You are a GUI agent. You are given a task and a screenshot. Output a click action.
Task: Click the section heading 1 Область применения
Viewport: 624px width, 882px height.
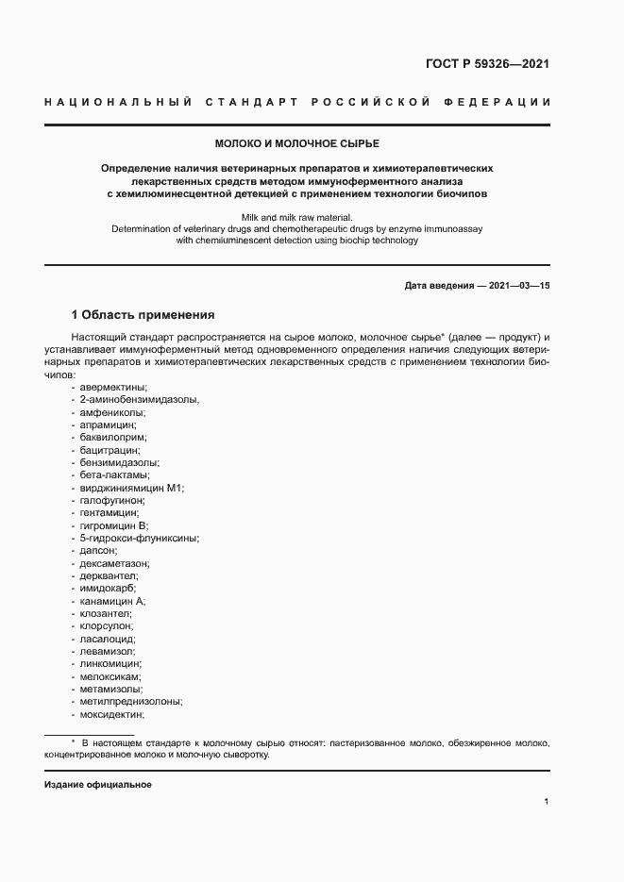point(143,314)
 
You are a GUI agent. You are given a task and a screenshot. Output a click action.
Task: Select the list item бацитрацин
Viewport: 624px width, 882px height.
point(110,450)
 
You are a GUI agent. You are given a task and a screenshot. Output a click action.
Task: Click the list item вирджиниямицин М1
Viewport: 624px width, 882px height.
point(132,488)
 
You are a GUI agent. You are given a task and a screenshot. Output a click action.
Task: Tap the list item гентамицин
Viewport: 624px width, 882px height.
point(110,512)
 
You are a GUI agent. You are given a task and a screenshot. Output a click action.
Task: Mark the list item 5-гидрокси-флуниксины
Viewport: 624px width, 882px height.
point(139,538)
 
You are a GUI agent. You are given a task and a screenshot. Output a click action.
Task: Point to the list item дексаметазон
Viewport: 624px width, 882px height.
point(115,563)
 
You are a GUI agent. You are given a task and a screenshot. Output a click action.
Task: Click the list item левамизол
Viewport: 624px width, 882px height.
point(108,651)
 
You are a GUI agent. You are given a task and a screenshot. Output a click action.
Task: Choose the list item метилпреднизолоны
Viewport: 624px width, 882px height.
point(131,701)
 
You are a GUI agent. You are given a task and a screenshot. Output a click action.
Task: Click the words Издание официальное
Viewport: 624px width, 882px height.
point(98,785)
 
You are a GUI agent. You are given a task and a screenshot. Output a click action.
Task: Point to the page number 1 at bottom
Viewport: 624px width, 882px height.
point(547,802)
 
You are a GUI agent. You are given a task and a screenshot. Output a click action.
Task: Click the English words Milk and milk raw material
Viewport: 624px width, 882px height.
point(296,217)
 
